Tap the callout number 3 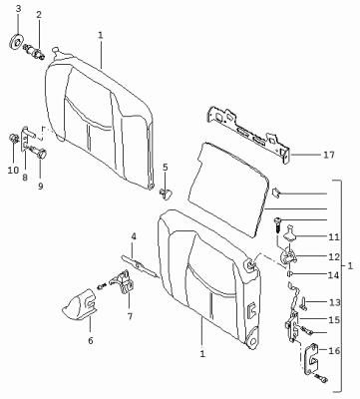18,9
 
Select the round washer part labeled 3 15,41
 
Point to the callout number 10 13,171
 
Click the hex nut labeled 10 14,138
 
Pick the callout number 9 40,187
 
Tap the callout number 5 166,168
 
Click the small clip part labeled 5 166,193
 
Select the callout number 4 134,236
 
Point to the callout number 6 91,340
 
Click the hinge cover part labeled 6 80,303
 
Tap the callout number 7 130,316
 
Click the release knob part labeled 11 290,231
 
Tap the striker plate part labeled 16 312,359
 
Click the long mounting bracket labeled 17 247,133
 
